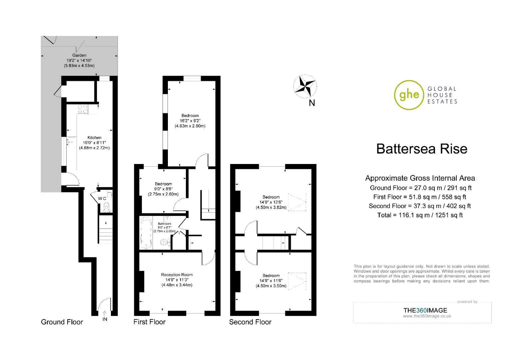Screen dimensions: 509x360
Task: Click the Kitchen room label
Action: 94,138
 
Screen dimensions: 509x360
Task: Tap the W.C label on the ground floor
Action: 102,199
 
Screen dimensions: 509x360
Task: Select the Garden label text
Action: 79,55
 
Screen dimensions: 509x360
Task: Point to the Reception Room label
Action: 177,275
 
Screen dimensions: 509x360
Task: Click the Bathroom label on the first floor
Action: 164,224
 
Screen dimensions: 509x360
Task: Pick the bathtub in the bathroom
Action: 146,232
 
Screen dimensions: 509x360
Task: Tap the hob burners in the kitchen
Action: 83,109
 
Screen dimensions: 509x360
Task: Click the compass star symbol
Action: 305,86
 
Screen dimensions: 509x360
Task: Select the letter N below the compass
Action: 312,103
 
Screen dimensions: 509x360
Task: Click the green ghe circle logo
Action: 409,95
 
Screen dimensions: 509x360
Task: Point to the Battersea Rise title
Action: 422,149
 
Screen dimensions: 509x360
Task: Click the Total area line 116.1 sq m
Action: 420,215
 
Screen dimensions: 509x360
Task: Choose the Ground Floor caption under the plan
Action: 62,322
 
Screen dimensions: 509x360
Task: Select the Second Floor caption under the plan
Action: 250,322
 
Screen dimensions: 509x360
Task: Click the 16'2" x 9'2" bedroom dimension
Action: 190,121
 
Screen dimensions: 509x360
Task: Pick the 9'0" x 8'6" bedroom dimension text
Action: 163,189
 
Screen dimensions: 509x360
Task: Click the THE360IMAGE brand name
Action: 425,310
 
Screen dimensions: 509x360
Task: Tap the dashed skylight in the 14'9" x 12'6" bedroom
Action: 297,202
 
